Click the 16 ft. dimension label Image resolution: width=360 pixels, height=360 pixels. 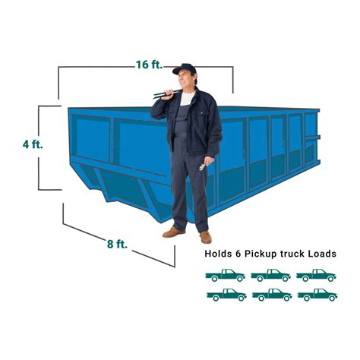click(x=150, y=65)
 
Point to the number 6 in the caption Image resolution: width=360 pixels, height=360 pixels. click(x=243, y=254)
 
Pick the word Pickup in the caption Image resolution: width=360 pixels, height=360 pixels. click(x=266, y=254)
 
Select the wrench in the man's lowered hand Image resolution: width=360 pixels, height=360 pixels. click(x=202, y=163)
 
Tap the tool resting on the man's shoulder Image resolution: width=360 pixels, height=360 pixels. click(x=167, y=95)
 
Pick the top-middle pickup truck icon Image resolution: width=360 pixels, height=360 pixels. click(x=270, y=276)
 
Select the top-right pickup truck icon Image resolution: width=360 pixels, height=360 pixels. click(x=316, y=276)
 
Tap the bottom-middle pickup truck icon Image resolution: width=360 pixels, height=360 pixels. click(x=270, y=295)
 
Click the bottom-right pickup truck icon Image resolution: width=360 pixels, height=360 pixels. click(x=316, y=295)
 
